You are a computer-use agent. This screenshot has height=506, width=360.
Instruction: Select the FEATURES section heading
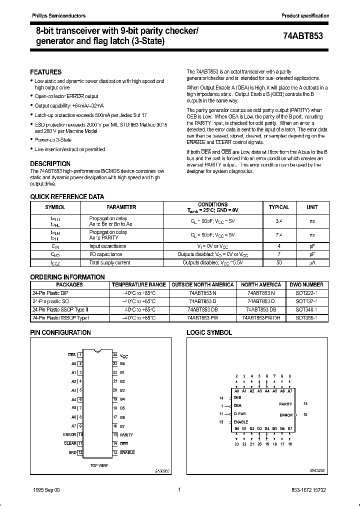point(46,72)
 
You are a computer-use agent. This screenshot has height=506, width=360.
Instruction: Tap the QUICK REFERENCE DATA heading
point(67,197)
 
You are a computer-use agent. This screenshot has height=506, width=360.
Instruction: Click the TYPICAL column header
point(278,207)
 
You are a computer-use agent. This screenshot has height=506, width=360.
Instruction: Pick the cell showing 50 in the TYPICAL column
point(278,262)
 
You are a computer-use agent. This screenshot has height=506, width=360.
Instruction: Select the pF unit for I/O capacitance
point(311,254)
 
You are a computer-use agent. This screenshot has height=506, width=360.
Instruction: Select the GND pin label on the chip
point(72,452)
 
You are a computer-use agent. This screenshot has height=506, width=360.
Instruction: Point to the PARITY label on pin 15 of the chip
point(126,435)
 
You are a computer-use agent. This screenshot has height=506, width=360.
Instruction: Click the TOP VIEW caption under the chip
point(98,465)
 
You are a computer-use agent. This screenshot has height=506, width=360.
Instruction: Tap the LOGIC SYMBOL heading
point(209,332)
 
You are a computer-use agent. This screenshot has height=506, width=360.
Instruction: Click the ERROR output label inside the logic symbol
point(286,415)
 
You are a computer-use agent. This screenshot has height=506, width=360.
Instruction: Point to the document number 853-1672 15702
point(309,490)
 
